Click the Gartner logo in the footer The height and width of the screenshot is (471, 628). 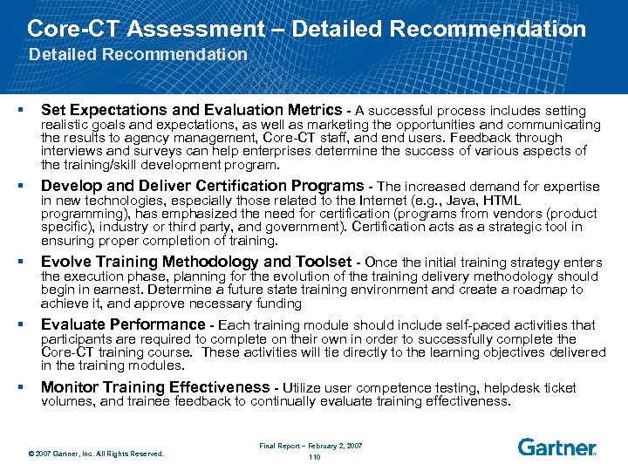(556, 447)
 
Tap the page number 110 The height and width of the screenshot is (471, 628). (315, 456)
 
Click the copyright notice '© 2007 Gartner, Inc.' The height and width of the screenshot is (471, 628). (95, 453)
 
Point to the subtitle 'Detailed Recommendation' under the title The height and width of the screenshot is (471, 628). (139, 54)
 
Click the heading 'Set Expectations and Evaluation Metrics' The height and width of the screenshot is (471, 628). (191, 110)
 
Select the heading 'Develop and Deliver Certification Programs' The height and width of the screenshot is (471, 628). (202, 186)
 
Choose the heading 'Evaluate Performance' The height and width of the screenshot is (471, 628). (123, 324)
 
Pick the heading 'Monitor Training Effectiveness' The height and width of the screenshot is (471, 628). (154, 387)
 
